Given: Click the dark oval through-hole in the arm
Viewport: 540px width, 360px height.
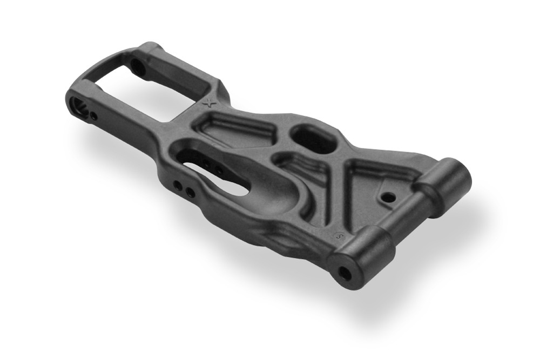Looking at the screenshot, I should click(x=313, y=140).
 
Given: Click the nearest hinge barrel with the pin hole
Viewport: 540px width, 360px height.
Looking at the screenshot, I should click(x=362, y=256).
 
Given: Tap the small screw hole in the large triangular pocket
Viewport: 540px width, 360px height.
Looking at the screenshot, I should click(x=388, y=198).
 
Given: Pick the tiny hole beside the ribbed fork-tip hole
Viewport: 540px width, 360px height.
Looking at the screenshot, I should click(x=94, y=116).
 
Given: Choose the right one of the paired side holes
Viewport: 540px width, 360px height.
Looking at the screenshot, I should click(x=190, y=192).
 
